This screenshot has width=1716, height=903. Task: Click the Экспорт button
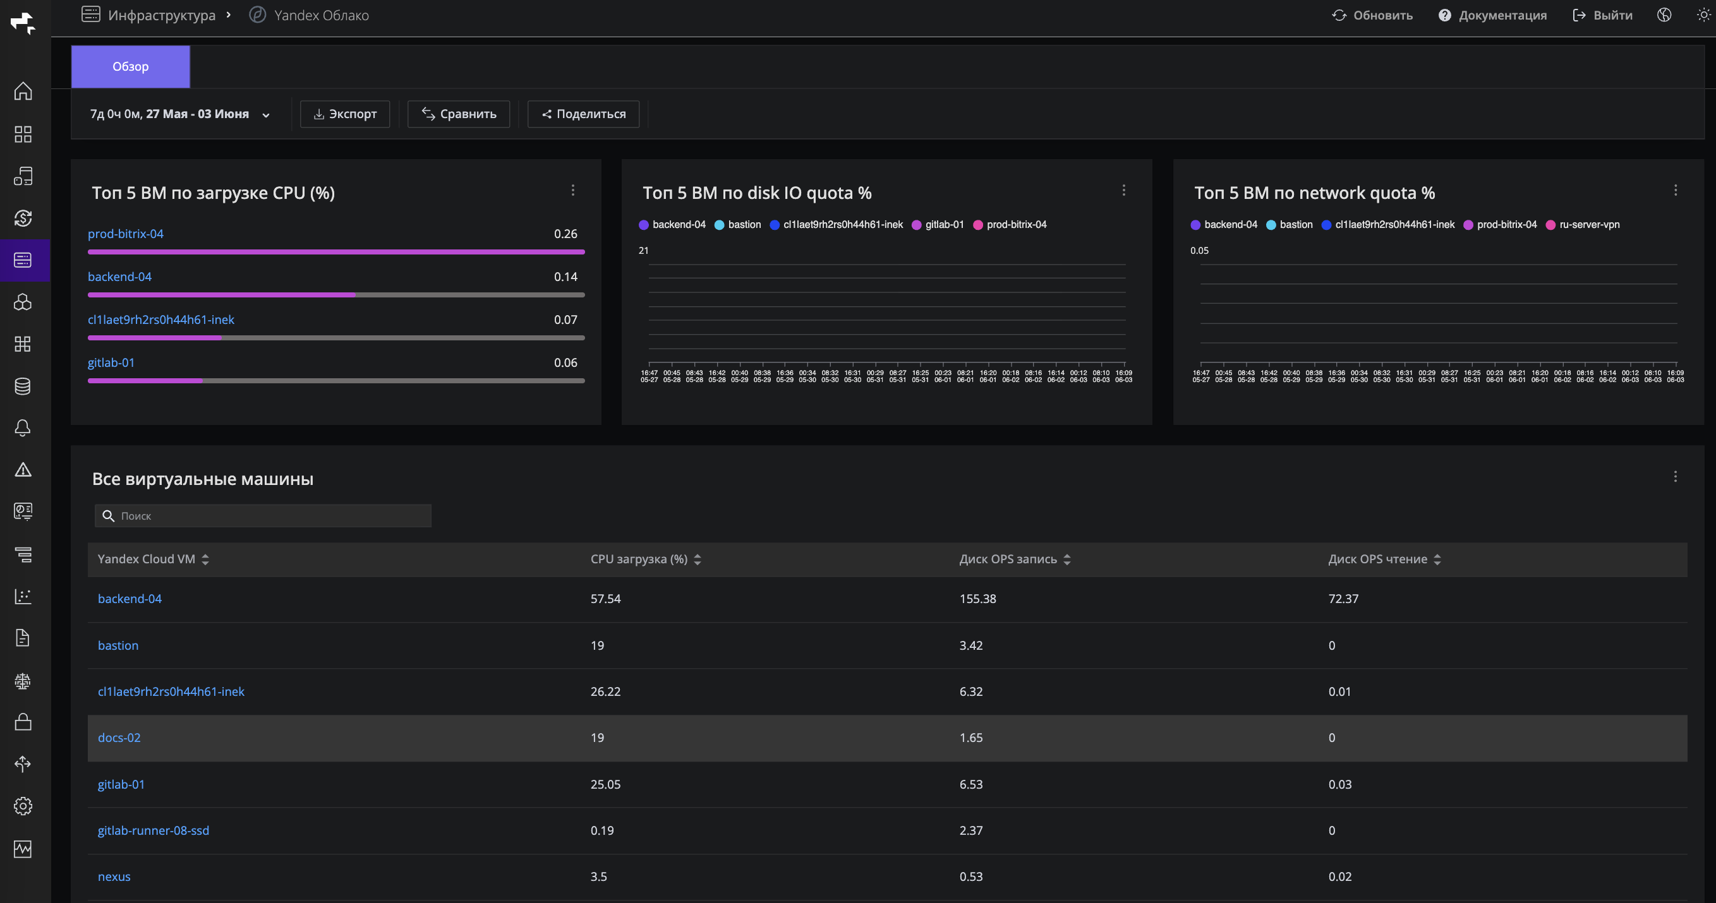pos(345,114)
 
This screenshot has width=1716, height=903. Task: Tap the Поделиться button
pos(584,114)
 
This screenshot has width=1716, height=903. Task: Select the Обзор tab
pos(131,66)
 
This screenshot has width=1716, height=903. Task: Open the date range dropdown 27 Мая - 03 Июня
pos(180,114)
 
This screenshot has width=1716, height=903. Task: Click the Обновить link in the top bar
pos(1372,15)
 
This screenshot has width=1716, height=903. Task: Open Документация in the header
pos(1492,15)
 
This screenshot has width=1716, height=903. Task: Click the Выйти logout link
pos(1603,15)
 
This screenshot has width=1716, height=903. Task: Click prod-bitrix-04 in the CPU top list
pos(125,234)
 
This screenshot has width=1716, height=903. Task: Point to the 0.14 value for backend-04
pos(565,277)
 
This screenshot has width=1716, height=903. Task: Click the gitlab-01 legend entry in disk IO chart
pos(938,224)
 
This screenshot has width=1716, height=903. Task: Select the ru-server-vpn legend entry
pos(1583,224)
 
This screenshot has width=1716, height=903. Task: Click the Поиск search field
pos(263,516)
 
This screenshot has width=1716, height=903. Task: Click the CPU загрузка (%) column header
pos(639,559)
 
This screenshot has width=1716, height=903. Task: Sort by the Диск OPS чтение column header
pos(1377,559)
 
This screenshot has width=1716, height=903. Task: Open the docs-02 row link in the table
pos(119,738)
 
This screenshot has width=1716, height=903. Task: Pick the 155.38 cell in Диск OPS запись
pos(978,599)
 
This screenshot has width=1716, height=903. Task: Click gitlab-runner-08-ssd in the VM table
pos(153,830)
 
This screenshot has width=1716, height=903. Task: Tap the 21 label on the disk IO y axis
pos(643,251)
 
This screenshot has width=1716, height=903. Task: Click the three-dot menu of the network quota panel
pos(1676,191)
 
